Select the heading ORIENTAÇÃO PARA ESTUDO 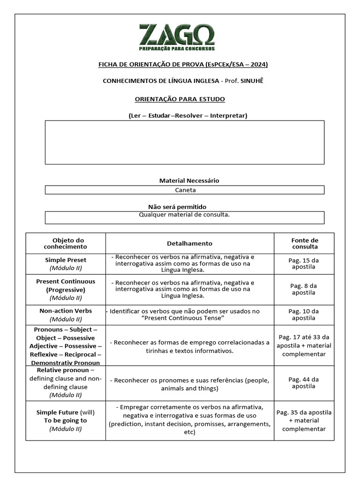[180, 99]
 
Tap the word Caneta [185, 190]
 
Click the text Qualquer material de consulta [184, 215]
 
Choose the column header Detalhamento [189, 243]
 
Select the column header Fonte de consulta [304, 243]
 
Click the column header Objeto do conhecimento [66, 243]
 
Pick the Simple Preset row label [66, 260]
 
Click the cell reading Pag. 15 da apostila [304, 263]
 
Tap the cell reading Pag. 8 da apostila [304, 289]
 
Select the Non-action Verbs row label [66, 311]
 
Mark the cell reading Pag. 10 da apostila [304, 315]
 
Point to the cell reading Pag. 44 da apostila [304, 383]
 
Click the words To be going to [66, 420]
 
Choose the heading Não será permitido [177, 207]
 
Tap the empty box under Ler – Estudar [184, 142]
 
